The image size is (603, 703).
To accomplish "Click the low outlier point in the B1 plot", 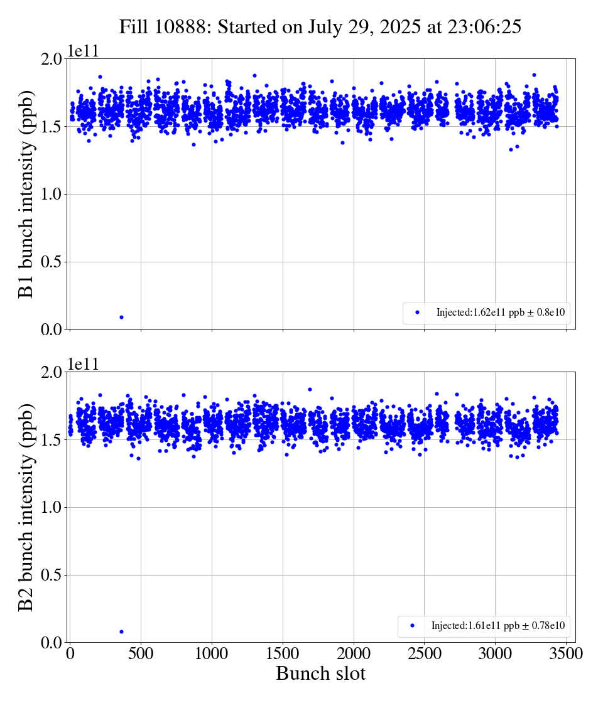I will point(121,317).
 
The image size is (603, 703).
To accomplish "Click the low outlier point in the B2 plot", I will point(121,631).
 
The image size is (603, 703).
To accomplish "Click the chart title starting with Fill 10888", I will point(320,26).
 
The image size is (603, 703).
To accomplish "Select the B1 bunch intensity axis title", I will point(26,194).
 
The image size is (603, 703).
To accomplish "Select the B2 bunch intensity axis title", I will point(26,507).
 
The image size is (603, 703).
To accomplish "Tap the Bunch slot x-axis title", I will point(320,674).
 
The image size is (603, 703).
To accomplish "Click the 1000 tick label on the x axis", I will point(212,653).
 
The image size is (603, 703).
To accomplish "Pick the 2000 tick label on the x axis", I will point(354,653).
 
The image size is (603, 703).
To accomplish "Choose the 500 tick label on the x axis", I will point(141,653).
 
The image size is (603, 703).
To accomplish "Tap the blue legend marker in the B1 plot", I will point(417,313).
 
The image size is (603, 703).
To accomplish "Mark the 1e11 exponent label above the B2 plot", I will point(83,365).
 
